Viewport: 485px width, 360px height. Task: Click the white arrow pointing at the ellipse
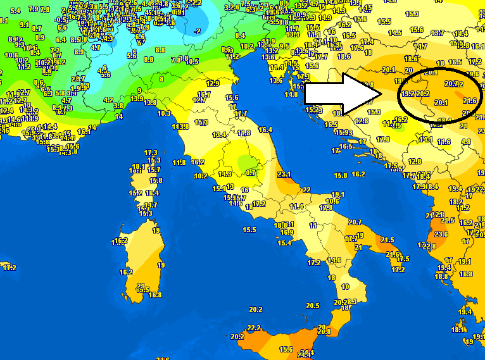pyautogui.click(x=342, y=94)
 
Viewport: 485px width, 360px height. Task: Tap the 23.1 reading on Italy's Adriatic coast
pyautogui.click(x=284, y=174)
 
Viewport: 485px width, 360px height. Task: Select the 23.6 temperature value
pyautogui.click(x=441, y=234)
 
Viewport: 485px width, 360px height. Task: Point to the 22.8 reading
pyautogui.click(x=429, y=245)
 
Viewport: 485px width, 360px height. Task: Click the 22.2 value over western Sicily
pyautogui.click(x=254, y=328)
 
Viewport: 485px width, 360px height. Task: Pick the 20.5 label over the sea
pyautogui.click(x=312, y=306)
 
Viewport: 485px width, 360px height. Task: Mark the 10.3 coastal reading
pyautogui.click(x=164, y=113)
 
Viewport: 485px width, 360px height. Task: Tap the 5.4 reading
pyautogui.click(x=16, y=11)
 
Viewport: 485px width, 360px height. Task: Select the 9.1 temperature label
pyautogui.click(x=25, y=25)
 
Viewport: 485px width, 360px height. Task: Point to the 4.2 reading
pyautogui.click(x=108, y=99)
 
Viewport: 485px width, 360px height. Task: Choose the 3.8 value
pyautogui.click(x=118, y=106)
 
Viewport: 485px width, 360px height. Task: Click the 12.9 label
pyautogui.click(x=213, y=84)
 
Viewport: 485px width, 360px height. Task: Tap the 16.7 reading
pyautogui.click(x=204, y=94)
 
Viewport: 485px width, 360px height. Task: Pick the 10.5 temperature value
pyautogui.click(x=192, y=61)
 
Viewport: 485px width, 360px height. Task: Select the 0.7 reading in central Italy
pyautogui.click(x=251, y=172)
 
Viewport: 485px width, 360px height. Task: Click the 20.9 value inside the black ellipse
pyautogui.click(x=431, y=72)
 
